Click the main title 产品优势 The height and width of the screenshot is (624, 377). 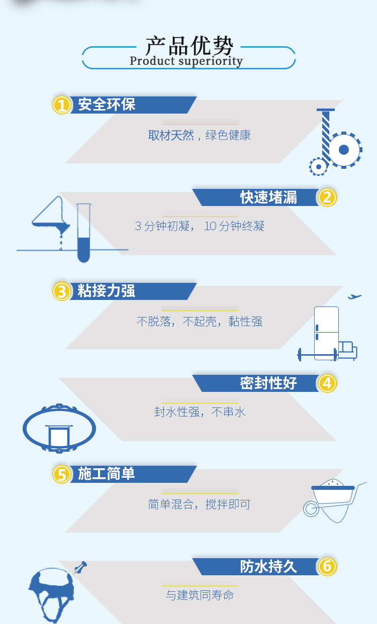(x=189, y=46)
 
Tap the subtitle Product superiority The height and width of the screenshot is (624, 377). (x=186, y=61)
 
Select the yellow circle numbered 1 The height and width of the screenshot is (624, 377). (x=62, y=105)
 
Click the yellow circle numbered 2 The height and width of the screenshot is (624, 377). (x=327, y=197)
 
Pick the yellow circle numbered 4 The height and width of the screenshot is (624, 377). (x=327, y=383)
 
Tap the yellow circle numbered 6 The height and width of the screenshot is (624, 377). (x=327, y=567)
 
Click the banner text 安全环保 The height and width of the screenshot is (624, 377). (x=107, y=105)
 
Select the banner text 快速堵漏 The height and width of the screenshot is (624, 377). (x=268, y=197)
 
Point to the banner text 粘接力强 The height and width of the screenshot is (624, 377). (x=107, y=291)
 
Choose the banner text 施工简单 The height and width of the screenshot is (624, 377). (x=107, y=474)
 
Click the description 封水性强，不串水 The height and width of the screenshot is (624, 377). (x=200, y=412)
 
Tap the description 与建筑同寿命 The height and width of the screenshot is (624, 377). (x=200, y=595)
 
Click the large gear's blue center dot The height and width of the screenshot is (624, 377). (x=343, y=150)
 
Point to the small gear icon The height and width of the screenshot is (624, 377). (x=318, y=167)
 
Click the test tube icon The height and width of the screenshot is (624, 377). (x=83, y=233)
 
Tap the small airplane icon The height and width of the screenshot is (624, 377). (x=354, y=297)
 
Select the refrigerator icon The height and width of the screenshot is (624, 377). (x=326, y=333)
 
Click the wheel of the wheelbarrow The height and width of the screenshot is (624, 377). (x=311, y=509)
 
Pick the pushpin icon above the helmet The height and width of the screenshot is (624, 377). (x=80, y=567)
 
